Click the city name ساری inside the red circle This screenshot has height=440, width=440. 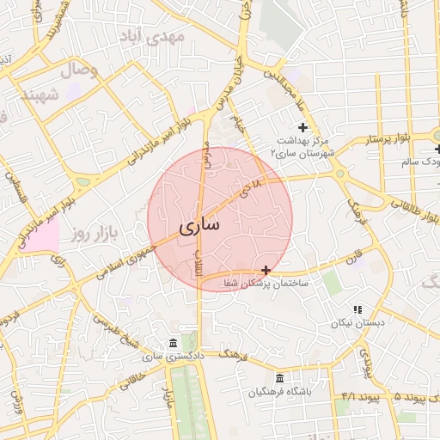[x=199, y=225]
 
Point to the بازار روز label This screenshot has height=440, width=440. [x=92, y=232]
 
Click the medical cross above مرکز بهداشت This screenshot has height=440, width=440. [x=302, y=127]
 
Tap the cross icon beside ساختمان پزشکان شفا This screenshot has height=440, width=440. [x=266, y=270]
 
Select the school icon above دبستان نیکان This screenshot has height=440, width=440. [x=357, y=309]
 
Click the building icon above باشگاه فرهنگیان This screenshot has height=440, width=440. [x=279, y=379]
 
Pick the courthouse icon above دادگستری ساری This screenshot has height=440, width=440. [x=174, y=342]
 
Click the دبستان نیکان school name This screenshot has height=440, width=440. [x=352, y=324]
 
